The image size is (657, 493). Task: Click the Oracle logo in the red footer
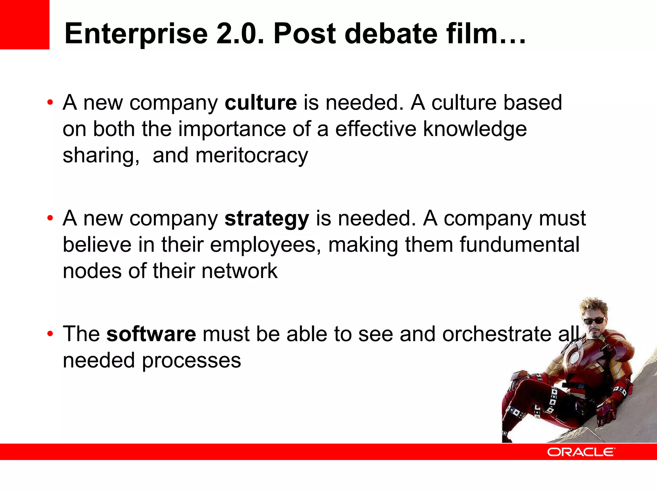[x=581, y=452]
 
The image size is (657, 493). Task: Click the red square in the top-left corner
[x=24, y=24]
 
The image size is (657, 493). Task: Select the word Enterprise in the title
[x=136, y=34]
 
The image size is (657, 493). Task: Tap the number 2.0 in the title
[x=240, y=34]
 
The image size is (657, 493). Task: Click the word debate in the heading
[x=391, y=34]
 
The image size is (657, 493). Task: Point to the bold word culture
[x=261, y=103]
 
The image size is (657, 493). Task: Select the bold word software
[x=151, y=334]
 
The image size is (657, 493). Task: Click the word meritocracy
[x=252, y=155]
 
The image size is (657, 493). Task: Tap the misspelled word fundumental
[x=519, y=245]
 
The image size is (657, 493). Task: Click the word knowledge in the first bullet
[x=475, y=129]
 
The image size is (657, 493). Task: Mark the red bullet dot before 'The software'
[x=50, y=334]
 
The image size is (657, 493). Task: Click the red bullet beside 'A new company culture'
[x=50, y=103]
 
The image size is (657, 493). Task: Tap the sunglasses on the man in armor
[x=594, y=320]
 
